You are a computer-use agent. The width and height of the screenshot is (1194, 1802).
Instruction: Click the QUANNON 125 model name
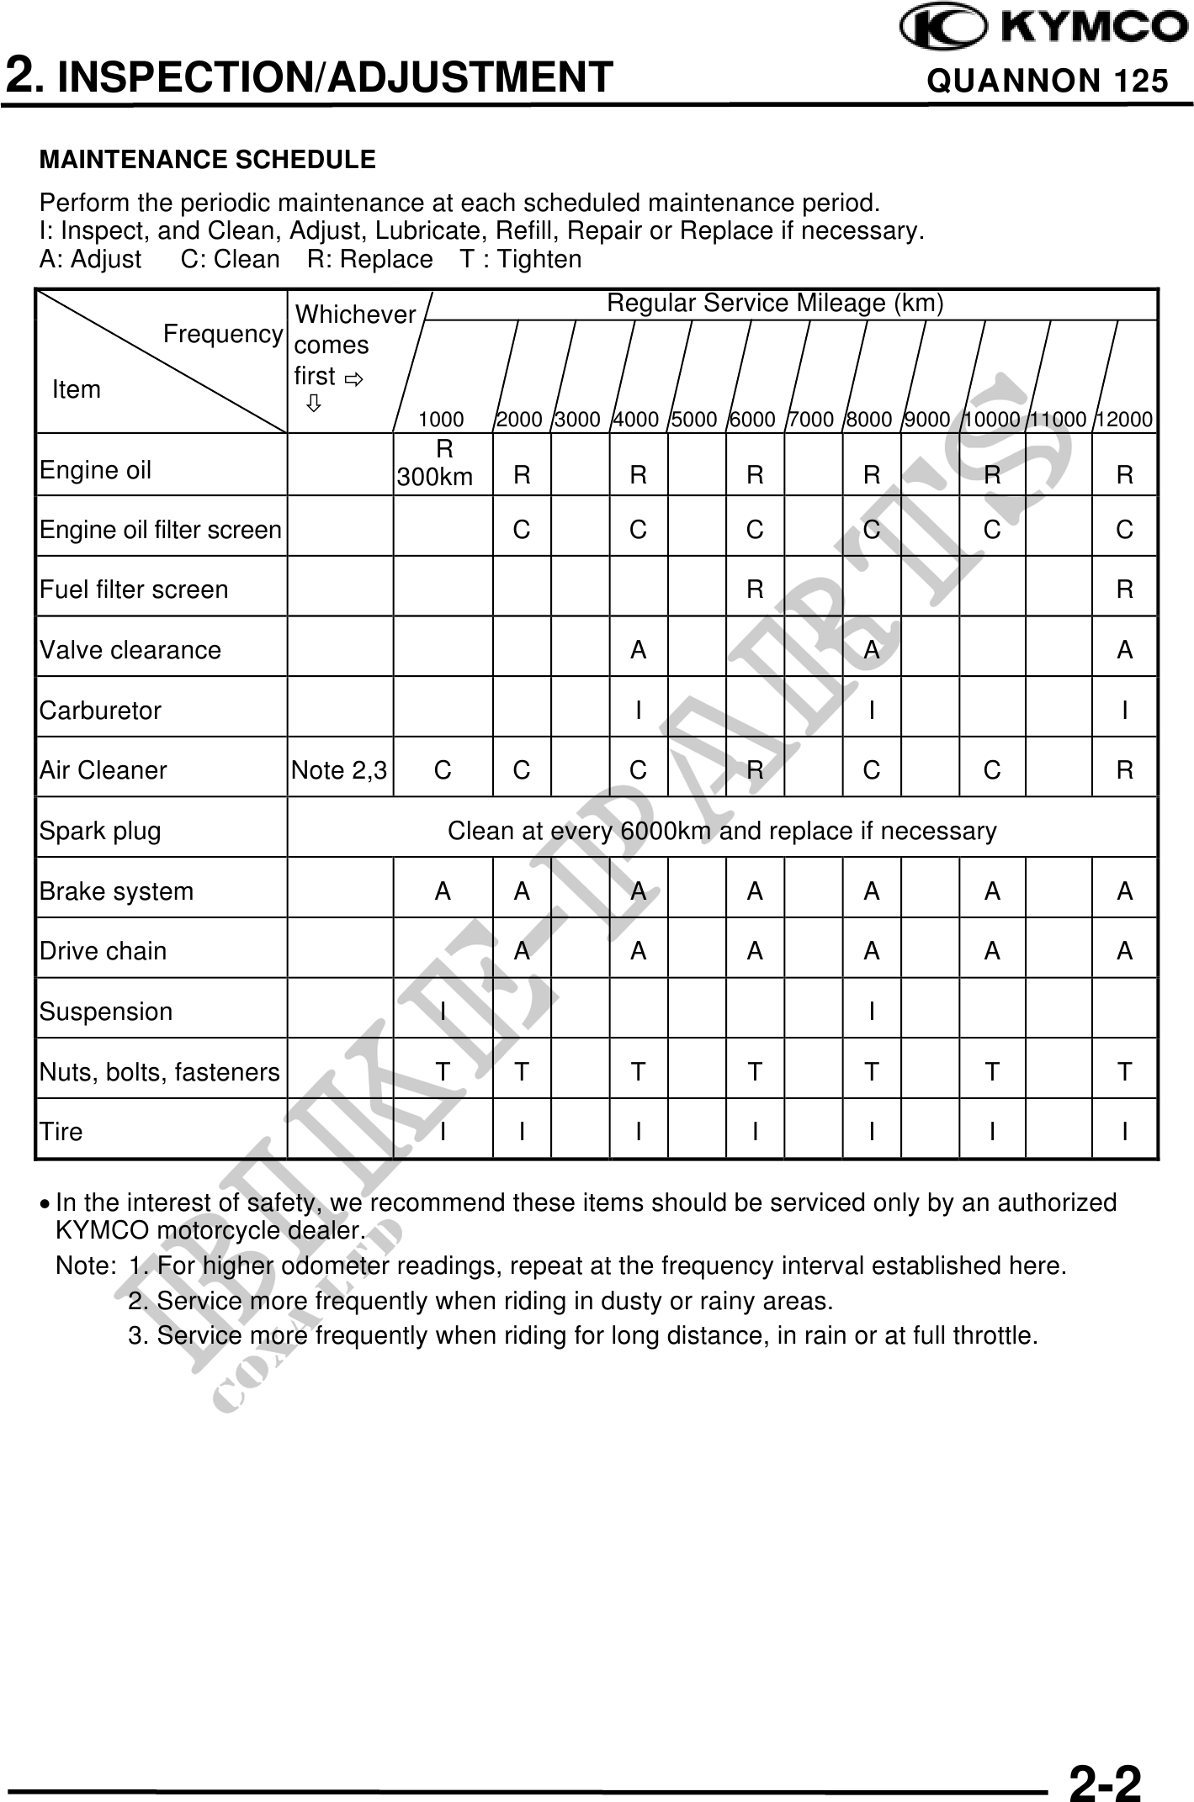point(1047,81)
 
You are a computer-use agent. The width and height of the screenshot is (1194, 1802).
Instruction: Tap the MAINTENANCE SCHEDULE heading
point(208,160)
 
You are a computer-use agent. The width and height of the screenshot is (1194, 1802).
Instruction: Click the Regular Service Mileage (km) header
point(775,304)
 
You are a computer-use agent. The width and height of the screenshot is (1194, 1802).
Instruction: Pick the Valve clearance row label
point(130,650)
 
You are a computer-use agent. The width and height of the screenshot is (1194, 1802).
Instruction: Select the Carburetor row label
point(100,711)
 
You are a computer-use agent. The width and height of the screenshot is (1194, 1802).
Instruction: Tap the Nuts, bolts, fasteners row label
point(160,1072)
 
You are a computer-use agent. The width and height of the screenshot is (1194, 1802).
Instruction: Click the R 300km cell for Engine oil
point(436,463)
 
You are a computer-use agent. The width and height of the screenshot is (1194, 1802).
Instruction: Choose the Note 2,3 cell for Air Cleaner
point(339,770)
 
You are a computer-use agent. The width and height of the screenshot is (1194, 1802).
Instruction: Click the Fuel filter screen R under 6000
point(755,590)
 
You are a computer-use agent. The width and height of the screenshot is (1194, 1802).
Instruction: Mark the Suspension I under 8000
point(872,1012)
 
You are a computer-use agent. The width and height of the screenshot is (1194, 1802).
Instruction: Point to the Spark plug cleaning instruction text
point(722,832)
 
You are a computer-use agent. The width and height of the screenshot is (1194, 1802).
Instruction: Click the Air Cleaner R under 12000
point(1125,770)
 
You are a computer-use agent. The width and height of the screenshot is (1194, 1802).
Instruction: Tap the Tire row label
point(61,1132)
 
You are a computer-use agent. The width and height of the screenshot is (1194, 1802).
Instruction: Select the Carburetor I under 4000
point(639,711)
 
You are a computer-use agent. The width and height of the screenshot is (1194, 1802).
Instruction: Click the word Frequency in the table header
point(223,335)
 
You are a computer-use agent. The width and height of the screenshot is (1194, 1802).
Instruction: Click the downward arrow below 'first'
point(313,404)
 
